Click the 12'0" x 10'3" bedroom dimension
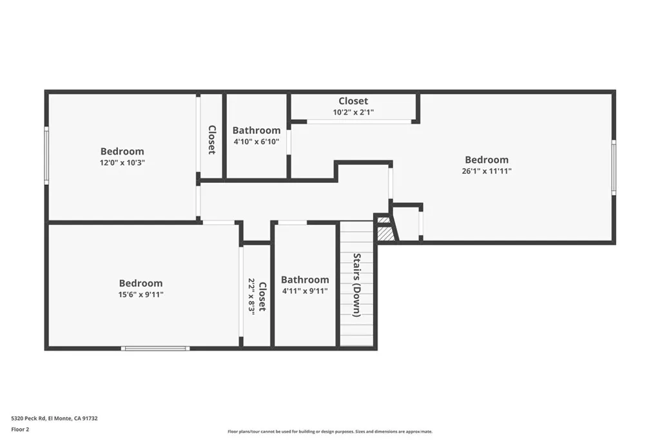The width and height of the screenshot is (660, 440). click(122, 163)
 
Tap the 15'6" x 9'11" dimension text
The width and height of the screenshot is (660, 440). click(141, 294)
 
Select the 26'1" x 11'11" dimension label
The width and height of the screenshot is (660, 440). click(487, 171)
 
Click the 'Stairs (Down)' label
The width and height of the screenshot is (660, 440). click(356, 285)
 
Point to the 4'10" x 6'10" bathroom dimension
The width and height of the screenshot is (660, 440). click(256, 141)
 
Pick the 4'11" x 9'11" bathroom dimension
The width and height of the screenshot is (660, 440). click(305, 291)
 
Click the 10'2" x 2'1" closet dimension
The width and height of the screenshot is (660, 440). click(353, 112)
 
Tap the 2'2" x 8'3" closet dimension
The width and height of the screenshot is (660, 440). click(252, 295)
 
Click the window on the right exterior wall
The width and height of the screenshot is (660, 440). click(614, 167)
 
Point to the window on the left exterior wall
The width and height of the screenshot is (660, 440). click(46, 155)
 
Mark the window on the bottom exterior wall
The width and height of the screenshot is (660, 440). click(155, 349)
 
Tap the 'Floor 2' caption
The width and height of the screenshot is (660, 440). click(20, 428)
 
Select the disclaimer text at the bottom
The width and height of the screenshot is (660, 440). click(329, 432)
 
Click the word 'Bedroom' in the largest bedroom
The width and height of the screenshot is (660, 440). click(487, 160)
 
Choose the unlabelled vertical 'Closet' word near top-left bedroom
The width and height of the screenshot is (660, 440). click(211, 139)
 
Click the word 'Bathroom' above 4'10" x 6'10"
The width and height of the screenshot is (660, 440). click(257, 130)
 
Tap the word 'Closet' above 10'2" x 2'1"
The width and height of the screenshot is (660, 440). click(353, 101)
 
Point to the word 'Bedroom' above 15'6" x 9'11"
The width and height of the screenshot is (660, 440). click(141, 283)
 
